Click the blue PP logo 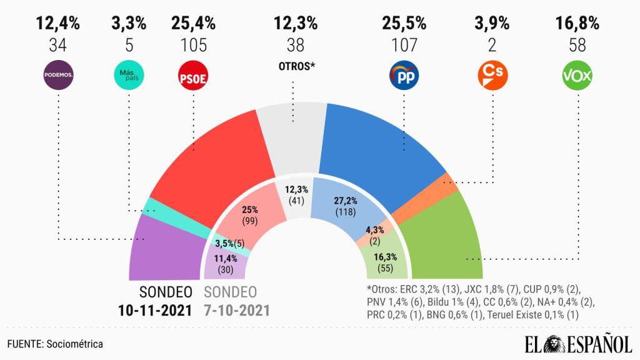click(403, 76)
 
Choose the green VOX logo click(577, 76)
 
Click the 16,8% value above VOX click(577, 24)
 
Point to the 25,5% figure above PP click(404, 24)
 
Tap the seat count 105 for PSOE click(193, 45)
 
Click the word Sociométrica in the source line click(74, 344)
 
